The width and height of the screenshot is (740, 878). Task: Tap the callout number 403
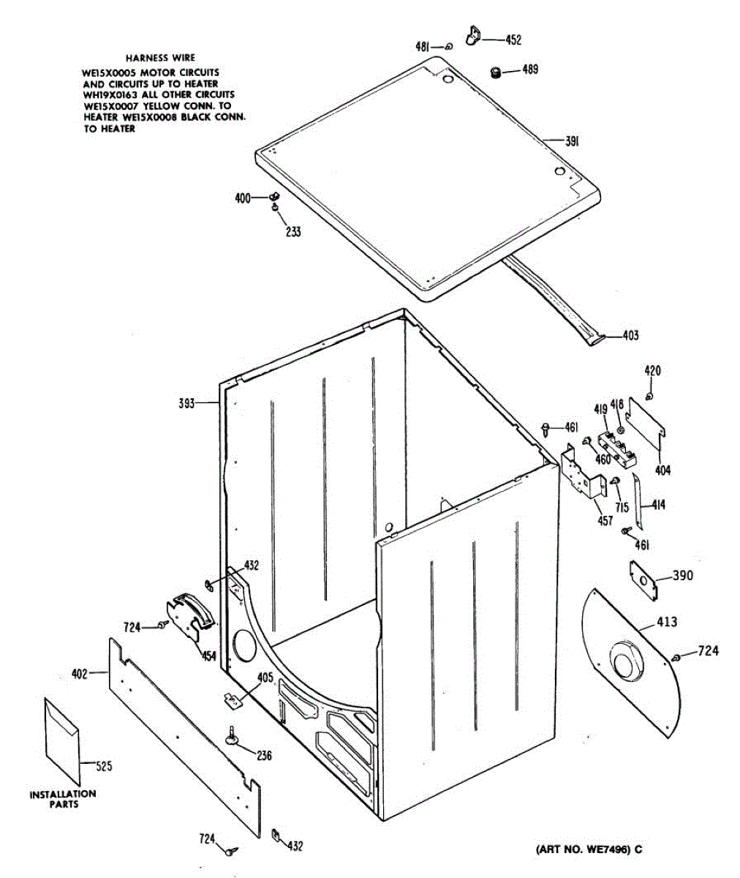point(630,336)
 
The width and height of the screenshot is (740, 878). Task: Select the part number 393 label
point(188,402)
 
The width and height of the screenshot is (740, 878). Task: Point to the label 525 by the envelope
point(105,766)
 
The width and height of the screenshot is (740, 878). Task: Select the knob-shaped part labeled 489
point(495,72)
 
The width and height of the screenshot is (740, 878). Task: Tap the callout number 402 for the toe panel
point(79,673)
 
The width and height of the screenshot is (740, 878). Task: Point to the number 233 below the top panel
point(292,232)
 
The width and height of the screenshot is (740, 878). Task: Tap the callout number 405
point(265,678)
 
